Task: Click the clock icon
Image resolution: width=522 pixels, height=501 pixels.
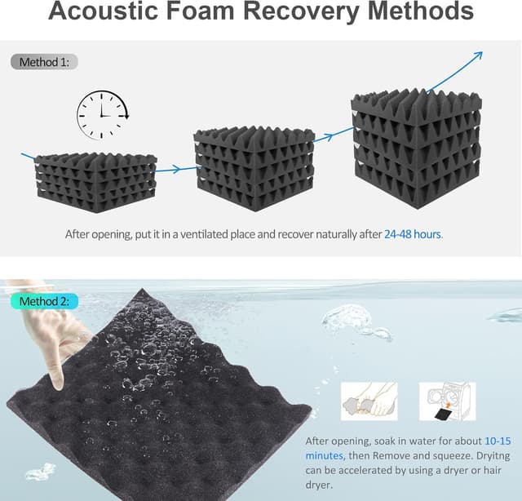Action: pyautogui.click(x=102, y=114)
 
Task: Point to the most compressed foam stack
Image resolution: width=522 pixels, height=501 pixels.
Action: pyautogui.click(x=95, y=182)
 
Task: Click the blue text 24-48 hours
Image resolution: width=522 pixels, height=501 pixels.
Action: pyautogui.click(x=412, y=234)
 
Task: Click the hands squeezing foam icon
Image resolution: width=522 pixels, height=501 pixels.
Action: pyautogui.click(x=369, y=401)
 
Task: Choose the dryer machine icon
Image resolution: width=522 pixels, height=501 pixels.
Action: pyautogui.click(x=447, y=401)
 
